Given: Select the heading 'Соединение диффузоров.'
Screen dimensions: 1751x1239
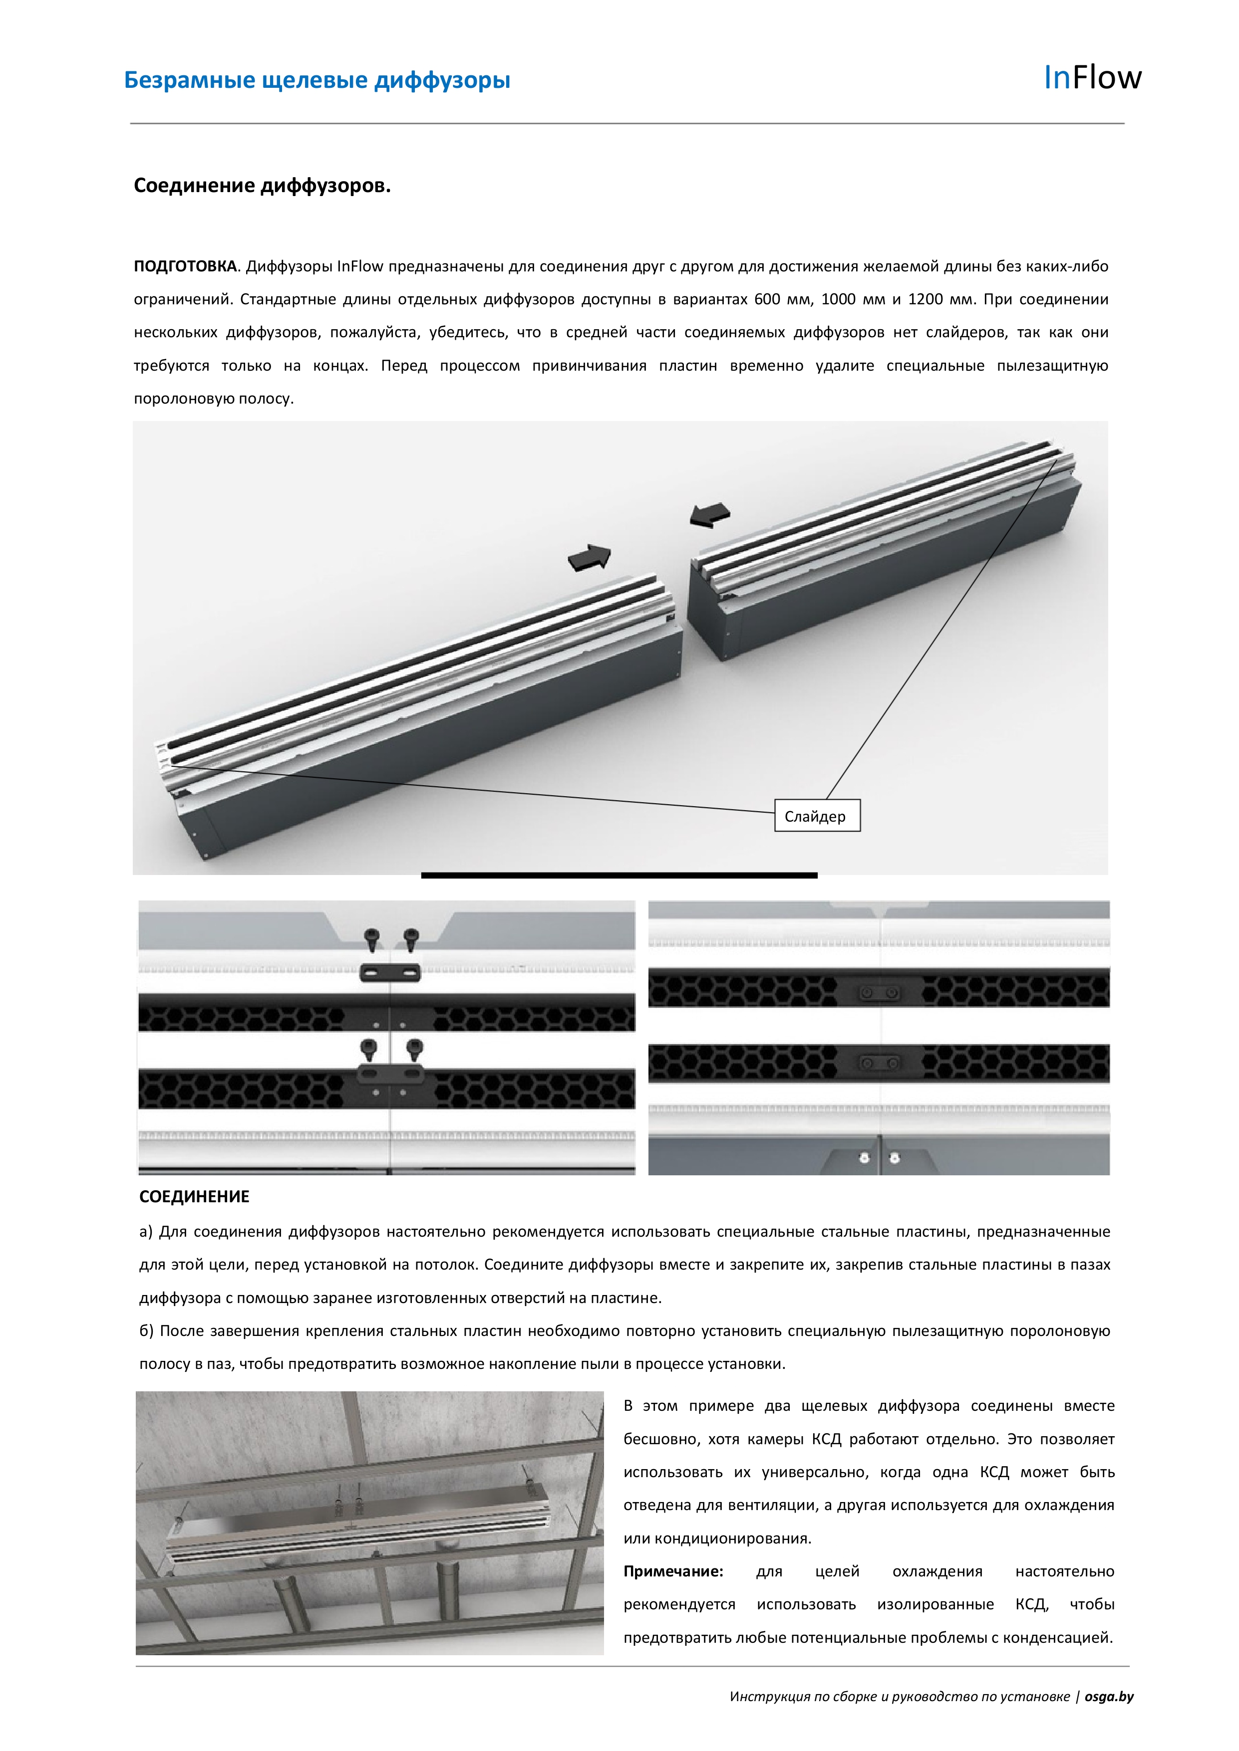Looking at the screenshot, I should click(262, 186).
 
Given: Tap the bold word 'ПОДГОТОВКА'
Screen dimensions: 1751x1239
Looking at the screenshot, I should click(185, 267).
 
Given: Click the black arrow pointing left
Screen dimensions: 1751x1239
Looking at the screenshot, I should click(709, 515).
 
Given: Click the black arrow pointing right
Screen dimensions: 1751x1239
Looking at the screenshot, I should click(590, 558).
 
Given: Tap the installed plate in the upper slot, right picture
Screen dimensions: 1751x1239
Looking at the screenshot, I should click(878, 992).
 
